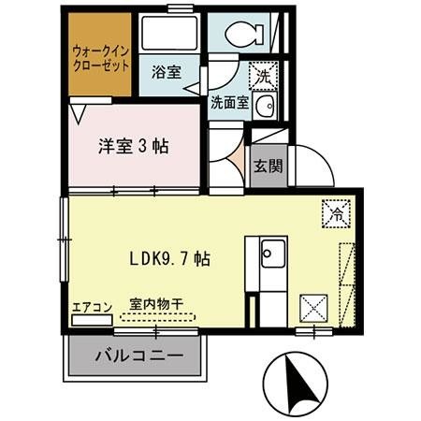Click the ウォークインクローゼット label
click(101, 59)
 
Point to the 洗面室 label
click(230, 102)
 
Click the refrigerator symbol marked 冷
click(334, 213)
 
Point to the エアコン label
click(92, 306)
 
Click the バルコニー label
click(137, 356)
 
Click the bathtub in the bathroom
click(169, 34)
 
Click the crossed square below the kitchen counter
click(312, 307)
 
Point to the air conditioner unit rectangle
click(92, 319)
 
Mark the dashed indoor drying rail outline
click(156, 318)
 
